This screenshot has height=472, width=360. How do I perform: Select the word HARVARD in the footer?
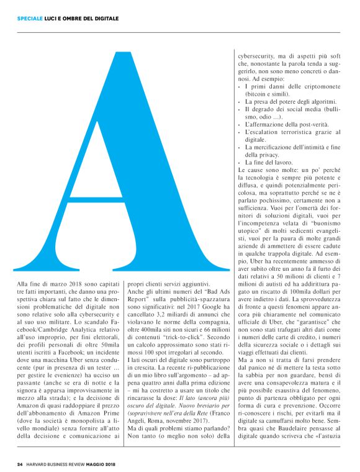(x=41, y=463)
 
